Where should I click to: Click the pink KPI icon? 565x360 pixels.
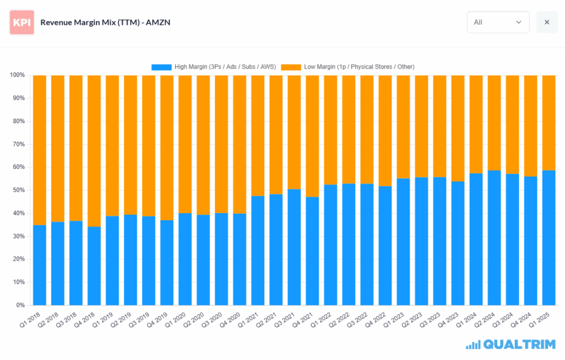tap(22, 22)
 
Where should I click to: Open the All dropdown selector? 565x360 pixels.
tap(498, 22)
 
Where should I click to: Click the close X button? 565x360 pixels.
tap(547, 22)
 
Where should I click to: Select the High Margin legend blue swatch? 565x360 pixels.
tap(162, 67)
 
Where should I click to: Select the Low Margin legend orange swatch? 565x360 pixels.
tap(291, 67)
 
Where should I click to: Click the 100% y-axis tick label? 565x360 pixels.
tap(17, 75)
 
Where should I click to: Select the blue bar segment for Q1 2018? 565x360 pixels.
tap(40, 265)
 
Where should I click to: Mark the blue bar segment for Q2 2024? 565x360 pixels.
tap(494, 237)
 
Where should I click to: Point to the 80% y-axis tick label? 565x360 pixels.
tap(18, 121)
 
